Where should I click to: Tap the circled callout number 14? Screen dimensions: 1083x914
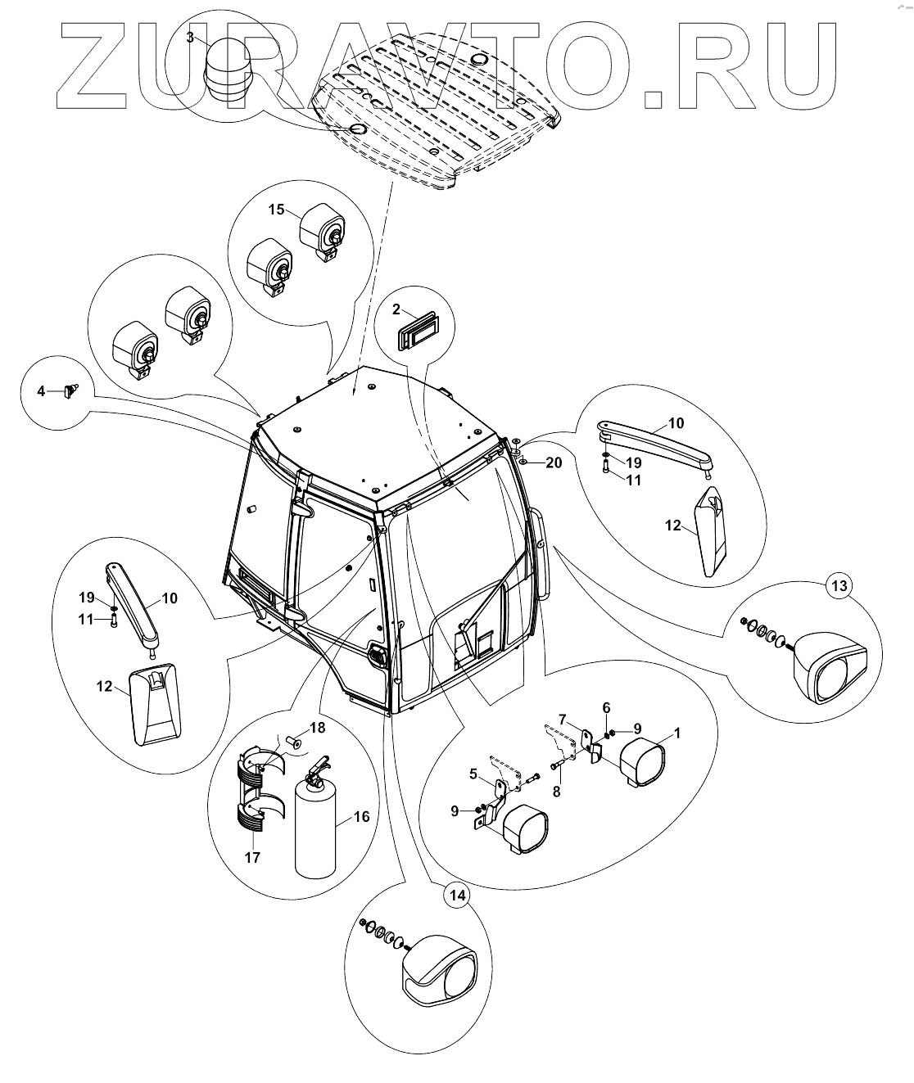[457, 896]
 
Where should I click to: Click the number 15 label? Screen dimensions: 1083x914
[276, 210]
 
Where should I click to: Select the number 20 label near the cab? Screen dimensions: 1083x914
[554, 463]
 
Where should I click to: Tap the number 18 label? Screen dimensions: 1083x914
[317, 728]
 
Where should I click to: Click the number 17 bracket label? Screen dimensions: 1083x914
[252, 858]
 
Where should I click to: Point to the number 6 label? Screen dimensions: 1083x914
[606, 706]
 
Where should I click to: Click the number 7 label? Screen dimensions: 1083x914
[562, 719]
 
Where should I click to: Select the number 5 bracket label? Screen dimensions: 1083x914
[473, 772]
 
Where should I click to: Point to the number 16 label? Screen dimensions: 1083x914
[361, 816]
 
